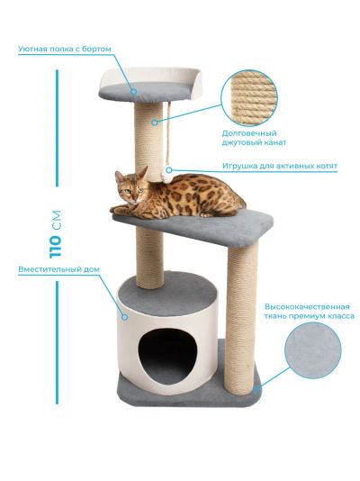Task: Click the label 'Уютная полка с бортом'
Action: pyautogui.click(x=64, y=49)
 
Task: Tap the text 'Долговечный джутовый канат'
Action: pyautogui.click(x=254, y=138)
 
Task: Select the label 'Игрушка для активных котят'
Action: pyautogui.click(x=280, y=166)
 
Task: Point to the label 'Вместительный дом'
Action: pyautogui.click(x=58, y=269)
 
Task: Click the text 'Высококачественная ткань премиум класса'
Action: pyautogui.click(x=309, y=312)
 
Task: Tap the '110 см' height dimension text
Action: pyautogui.click(x=55, y=234)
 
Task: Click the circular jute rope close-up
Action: pyautogui.click(x=248, y=98)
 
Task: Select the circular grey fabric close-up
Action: pyautogui.click(x=313, y=350)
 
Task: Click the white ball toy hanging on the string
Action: pyautogui.click(x=167, y=175)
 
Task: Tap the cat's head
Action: pyautogui.click(x=130, y=186)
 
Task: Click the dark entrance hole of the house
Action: pyautogui.click(x=167, y=355)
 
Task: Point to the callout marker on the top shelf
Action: pyautogui.click(x=133, y=91)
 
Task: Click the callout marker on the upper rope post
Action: pyautogui.click(x=155, y=123)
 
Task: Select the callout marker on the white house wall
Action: pyautogui.click(x=124, y=316)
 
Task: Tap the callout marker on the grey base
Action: pyautogui.click(x=256, y=389)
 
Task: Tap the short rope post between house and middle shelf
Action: pyautogui.click(x=149, y=258)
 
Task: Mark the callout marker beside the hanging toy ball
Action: pyautogui.click(x=169, y=169)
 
